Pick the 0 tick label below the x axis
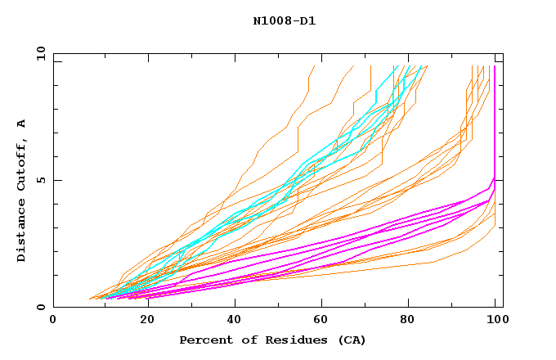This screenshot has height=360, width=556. tap(54, 321)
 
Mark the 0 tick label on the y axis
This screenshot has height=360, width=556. tap(42, 308)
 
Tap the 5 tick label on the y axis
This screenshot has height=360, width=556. tap(42, 180)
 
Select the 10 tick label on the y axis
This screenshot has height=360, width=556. tap(38, 53)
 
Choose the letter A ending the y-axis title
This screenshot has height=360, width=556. tap(21, 123)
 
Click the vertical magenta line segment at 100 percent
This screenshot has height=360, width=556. tap(494, 123)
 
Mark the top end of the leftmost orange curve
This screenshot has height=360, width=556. tap(313, 66)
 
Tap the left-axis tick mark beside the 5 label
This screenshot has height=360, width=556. tap(56, 180)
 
